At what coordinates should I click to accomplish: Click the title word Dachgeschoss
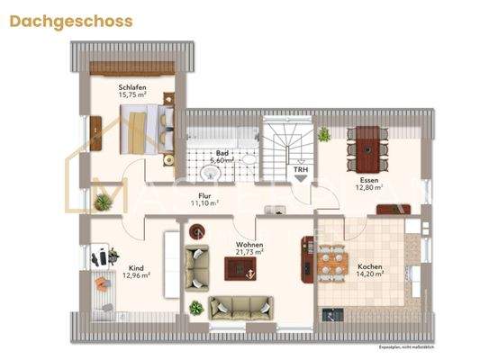pos(71,21)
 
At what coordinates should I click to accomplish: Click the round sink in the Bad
pos(211,175)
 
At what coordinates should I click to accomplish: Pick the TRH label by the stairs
pos(297,167)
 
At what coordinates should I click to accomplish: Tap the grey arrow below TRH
pos(298,178)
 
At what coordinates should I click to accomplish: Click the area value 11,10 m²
pos(206,203)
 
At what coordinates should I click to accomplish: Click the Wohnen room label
pos(249,244)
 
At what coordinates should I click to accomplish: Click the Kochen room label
pos(371,266)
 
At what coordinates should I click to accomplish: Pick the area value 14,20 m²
pos(371,274)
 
